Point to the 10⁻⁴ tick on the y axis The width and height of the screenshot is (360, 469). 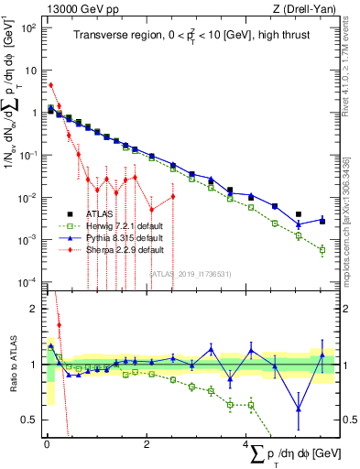click(x=29, y=281)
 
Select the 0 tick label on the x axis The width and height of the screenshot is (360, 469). click(x=47, y=442)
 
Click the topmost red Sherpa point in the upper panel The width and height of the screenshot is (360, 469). click(x=50, y=85)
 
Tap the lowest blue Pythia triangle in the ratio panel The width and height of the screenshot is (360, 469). click(x=299, y=409)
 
